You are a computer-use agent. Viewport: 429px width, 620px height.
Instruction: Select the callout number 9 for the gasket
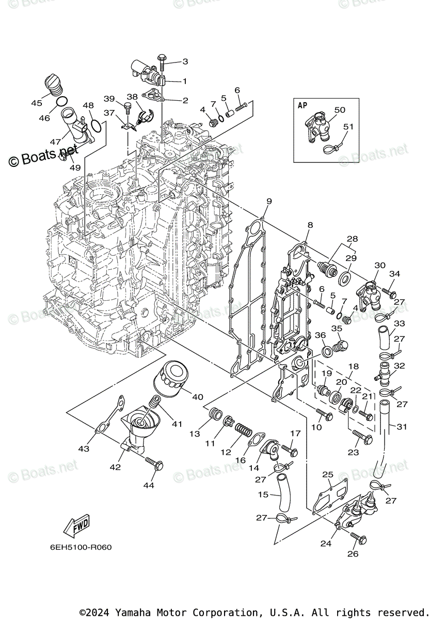coord(269,201)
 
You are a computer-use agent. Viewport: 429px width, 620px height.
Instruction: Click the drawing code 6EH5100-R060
coord(81,547)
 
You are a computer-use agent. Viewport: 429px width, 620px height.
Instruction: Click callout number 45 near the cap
coord(37,103)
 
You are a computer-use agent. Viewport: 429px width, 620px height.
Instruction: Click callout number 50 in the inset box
coord(340,110)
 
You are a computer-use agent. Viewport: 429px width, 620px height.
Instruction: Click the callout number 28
coord(353,239)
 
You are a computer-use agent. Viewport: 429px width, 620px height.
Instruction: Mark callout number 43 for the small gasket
coord(84,448)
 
